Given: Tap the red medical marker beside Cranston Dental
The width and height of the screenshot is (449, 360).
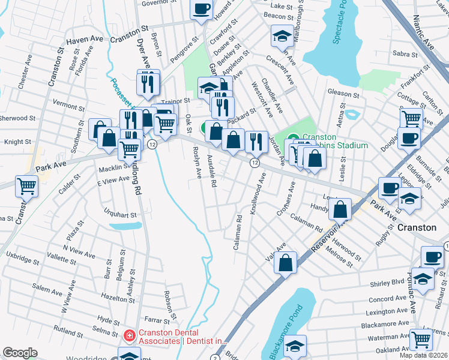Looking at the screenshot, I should pyautogui.click(x=128, y=336).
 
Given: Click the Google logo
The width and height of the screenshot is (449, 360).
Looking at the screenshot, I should pyautogui.click(x=20, y=353).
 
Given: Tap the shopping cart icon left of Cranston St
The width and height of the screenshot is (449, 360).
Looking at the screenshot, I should pyautogui.click(x=27, y=187).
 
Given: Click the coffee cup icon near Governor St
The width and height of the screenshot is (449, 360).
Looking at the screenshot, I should pyautogui.click(x=202, y=8).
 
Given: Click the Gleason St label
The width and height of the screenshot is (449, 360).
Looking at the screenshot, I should pyautogui.click(x=343, y=94).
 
